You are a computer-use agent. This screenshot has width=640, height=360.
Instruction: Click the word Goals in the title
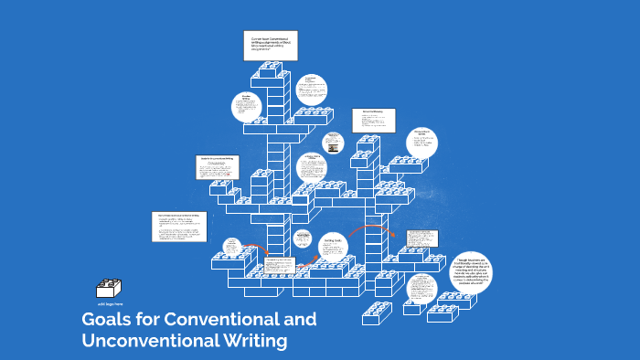tap(104, 320)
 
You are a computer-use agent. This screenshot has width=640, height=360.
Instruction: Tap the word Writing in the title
tap(253, 342)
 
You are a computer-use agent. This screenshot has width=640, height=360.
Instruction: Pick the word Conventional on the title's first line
tap(219, 320)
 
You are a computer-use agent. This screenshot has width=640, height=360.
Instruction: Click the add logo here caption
tap(109, 302)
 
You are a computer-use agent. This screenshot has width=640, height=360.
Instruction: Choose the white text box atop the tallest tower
tap(270, 46)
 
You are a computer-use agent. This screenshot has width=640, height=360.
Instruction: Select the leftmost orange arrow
tap(258, 249)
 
